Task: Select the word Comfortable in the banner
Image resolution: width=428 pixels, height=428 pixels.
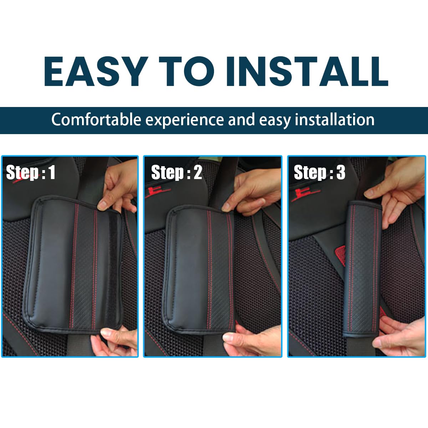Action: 96,120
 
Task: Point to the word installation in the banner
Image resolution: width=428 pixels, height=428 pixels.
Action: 335,120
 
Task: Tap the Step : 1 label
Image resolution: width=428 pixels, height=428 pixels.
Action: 31,172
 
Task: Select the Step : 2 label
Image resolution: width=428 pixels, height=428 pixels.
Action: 177,172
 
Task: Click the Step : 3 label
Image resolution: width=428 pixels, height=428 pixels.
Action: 319,172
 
